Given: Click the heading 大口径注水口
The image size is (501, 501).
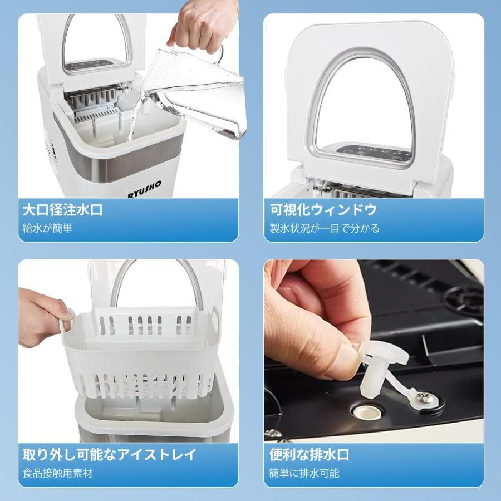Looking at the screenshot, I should tap(62, 210).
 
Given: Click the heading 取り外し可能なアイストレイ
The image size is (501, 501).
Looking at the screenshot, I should tap(109, 454).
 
